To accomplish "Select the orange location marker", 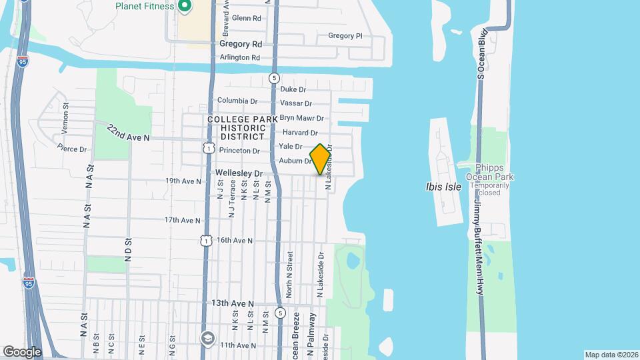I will pos(320,159).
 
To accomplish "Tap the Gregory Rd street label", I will pos(240,44).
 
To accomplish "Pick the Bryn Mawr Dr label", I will pos(301,118).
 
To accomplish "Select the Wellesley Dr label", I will pos(239,173).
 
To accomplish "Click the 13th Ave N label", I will pos(233,303).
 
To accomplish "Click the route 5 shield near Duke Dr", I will pos(274,78).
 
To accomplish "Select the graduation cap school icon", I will pos(208,337).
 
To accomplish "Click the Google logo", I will pos(22,351).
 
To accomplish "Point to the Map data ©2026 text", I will pos(611,355).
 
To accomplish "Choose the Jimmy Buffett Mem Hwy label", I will pos(479,247).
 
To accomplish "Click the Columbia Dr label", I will pos(237,101).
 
